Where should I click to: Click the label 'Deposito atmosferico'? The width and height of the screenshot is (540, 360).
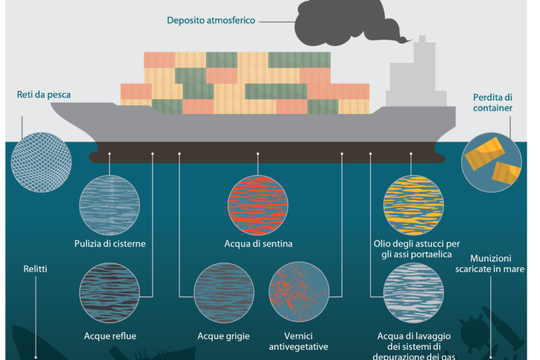[x=211, y=20]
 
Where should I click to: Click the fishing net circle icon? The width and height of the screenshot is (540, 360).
[x=41, y=163]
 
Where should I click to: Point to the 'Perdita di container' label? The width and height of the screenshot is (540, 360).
[x=493, y=103]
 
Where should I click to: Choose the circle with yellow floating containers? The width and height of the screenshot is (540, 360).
[x=491, y=163]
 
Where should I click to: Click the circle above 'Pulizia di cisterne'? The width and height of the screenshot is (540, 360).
[x=110, y=205]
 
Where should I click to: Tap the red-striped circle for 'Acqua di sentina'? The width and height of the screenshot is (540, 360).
[x=258, y=205]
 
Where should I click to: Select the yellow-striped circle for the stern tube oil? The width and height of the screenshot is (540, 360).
[x=413, y=205]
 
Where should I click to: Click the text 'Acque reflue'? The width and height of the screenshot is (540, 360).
[x=110, y=336]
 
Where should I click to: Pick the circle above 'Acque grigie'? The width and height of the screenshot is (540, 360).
[x=224, y=292]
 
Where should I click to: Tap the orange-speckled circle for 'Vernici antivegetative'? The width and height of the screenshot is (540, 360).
[x=299, y=292]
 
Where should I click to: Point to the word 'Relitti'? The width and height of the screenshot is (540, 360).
[x=35, y=269]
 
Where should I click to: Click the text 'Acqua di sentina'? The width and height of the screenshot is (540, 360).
[x=258, y=244]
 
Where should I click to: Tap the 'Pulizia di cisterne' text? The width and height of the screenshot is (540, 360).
[x=110, y=244]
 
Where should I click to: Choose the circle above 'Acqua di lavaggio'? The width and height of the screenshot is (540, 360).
[x=413, y=292]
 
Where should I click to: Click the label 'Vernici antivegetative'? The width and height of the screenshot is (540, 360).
[x=299, y=341]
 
